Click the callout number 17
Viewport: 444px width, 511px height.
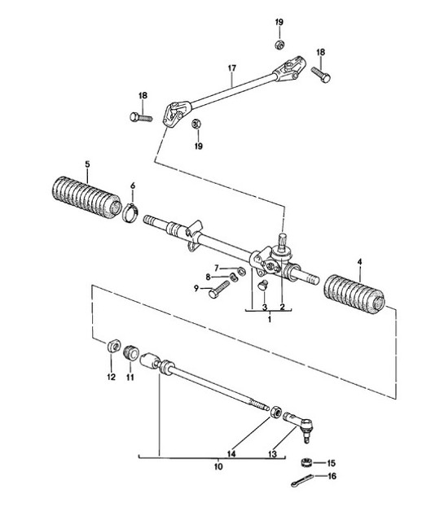point(232,68)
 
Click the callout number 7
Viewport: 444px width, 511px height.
point(217,268)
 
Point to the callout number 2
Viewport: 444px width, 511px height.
point(282,307)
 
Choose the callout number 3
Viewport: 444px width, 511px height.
point(265,307)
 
